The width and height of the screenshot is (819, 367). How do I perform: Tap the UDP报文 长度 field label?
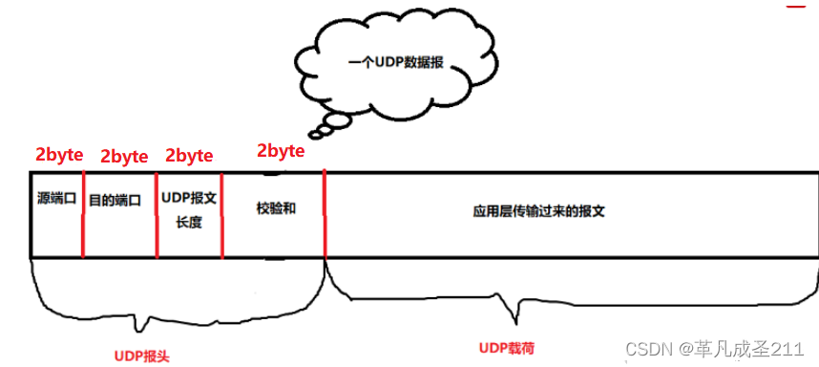point(189,209)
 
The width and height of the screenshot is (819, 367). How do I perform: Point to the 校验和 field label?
point(275,206)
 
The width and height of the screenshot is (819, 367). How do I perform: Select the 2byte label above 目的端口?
point(123,157)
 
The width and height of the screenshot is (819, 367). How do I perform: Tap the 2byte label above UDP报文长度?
point(189,156)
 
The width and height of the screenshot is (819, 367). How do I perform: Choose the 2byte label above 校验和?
point(281,151)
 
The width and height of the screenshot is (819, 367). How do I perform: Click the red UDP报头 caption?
point(141,355)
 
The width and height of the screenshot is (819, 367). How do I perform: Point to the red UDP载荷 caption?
point(506,345)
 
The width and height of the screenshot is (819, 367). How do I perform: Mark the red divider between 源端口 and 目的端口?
point(84,214)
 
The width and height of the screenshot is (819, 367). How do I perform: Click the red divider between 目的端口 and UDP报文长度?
point(157,214)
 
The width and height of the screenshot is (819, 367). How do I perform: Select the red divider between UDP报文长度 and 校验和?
point(222,214)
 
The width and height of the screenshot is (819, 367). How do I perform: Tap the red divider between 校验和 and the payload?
point(325,214)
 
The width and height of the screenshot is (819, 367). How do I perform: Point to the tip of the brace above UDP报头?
point(141,328)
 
